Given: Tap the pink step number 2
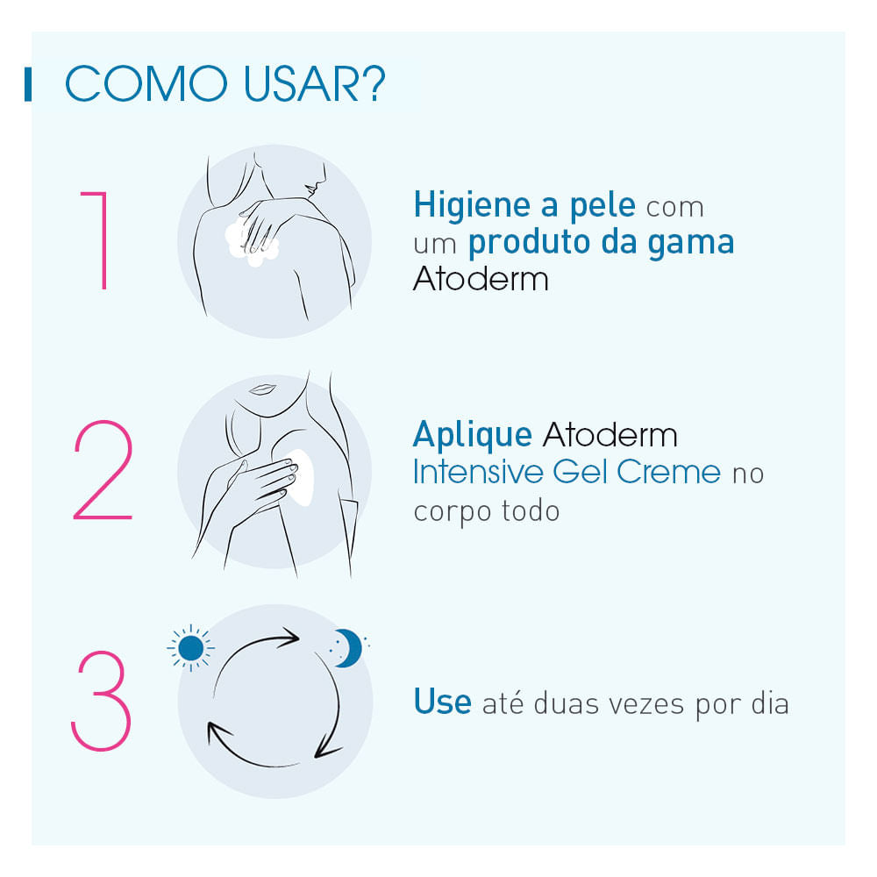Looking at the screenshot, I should click(103, 472).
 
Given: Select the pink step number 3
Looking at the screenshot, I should click(101, 702).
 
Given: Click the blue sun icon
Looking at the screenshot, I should click(190, 648).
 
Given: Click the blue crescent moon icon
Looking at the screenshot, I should click(349, 648).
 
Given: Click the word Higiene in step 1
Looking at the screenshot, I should click(465, 206).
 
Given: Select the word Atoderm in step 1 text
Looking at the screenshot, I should click(481, 279).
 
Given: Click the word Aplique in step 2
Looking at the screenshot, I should click(472, 434).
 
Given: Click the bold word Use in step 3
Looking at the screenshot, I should click(442, 702).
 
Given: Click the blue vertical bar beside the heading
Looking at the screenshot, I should click(28, 83).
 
